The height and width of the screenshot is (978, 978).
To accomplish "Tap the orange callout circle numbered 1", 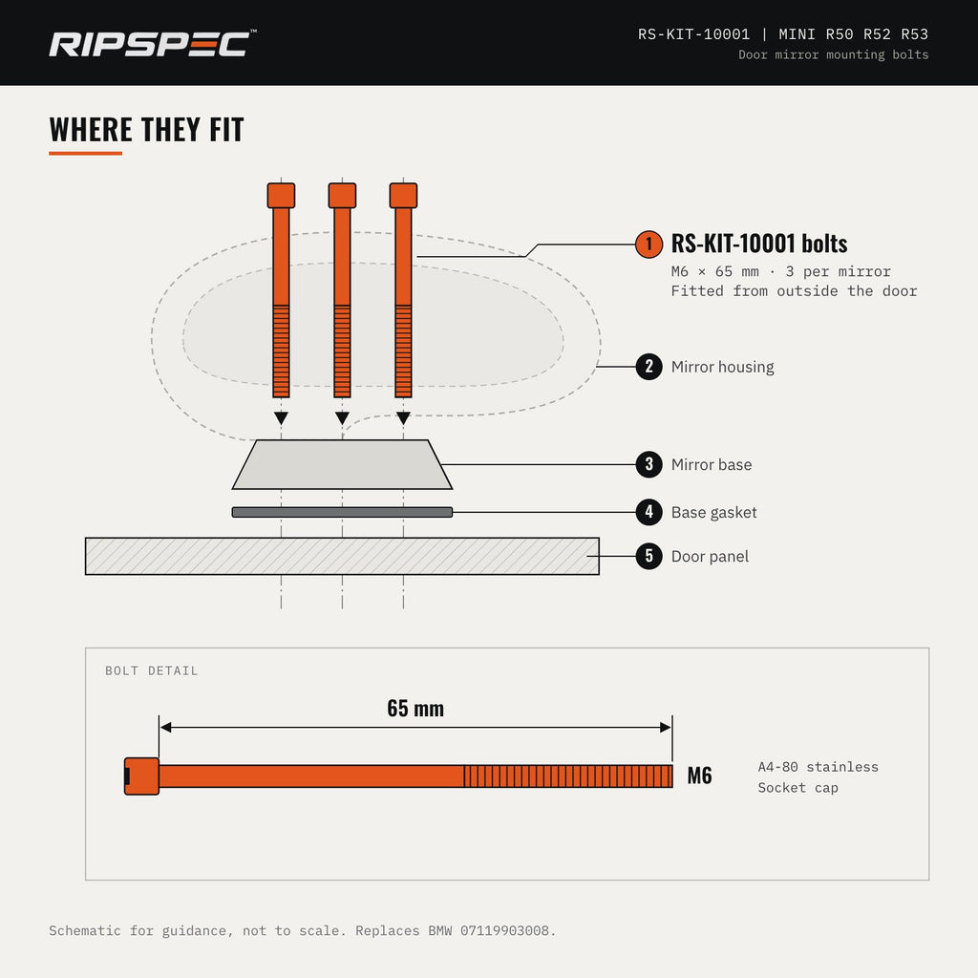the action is pyautogui.click(x=648, y=244).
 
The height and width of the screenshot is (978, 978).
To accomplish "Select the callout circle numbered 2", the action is pyautogui.click(x=648, y=366).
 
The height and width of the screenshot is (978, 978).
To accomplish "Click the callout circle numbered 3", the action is pyautogui.click(x=648, y=464).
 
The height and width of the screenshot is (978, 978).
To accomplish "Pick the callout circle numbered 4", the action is pyautogui.click(x=648, y=512).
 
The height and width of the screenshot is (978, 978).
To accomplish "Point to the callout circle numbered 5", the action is pyautogui.click(x=648, y=556).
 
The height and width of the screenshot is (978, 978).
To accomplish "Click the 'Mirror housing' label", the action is pyautogui.click(x=722, y=367).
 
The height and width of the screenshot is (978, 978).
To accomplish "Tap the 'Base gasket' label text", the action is pyautogui.click(x=713, y=513).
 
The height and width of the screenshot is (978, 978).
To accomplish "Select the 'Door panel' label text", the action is pyautogui.click(x=710, y=557).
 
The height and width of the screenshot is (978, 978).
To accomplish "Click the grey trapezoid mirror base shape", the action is pyautogui.click(x=342, y=465).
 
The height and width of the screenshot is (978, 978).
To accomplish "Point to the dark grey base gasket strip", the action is pyautogui.click(x=342, y=512).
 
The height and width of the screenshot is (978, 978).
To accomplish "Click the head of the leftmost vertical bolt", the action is pyautogui.click(x=281, y=195).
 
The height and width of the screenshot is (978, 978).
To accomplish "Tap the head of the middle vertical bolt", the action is pyautogui.click(x=342, y=195).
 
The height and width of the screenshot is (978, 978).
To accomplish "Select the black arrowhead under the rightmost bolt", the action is pyautogui.click(x=403, y=418).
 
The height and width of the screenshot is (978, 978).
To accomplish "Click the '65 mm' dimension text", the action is pyautogui.click(x=415, y=709).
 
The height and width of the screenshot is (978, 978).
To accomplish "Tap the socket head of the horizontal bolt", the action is pyautogui.click(x=141, y=776).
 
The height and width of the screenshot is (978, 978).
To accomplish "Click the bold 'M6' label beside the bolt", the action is pyautogui.click(x=699, y=776).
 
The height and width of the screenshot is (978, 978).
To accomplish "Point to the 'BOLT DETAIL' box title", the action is pyautogui.click(x=152, y=671).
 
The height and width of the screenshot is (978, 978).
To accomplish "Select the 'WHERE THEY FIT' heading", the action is pyautogui.click(x=146, y=130).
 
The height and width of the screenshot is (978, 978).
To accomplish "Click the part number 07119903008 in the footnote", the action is pyautogui.click(x=504, y=930).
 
